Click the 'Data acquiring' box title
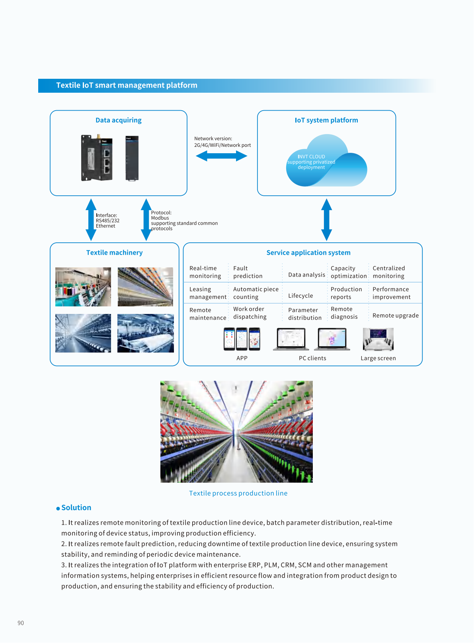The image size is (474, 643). (118, 120)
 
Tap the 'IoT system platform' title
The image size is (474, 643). (326, 120)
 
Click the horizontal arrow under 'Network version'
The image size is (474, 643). (221, 156)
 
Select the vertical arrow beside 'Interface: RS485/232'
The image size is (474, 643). (91, 220)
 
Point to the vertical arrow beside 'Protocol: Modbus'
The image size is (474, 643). (146, 220)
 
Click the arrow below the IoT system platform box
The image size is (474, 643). (326, 220)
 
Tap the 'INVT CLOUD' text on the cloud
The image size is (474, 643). (311, 157)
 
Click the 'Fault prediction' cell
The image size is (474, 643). (248, 272)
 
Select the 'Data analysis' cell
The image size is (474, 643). (306, 275)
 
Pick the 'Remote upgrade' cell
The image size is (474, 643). (395, 316)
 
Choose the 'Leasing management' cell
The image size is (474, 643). (207, 293)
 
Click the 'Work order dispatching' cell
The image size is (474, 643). (250, 313)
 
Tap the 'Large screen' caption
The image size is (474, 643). (378, 358)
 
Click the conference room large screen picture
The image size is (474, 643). (378, 339)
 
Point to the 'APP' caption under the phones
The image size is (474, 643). (242, 358)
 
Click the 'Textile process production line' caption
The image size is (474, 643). (238, 493)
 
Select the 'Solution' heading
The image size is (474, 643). (76, 508)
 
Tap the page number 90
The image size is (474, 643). (21, 623)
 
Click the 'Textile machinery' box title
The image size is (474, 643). (114, 253)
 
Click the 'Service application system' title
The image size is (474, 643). (308, 253)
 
